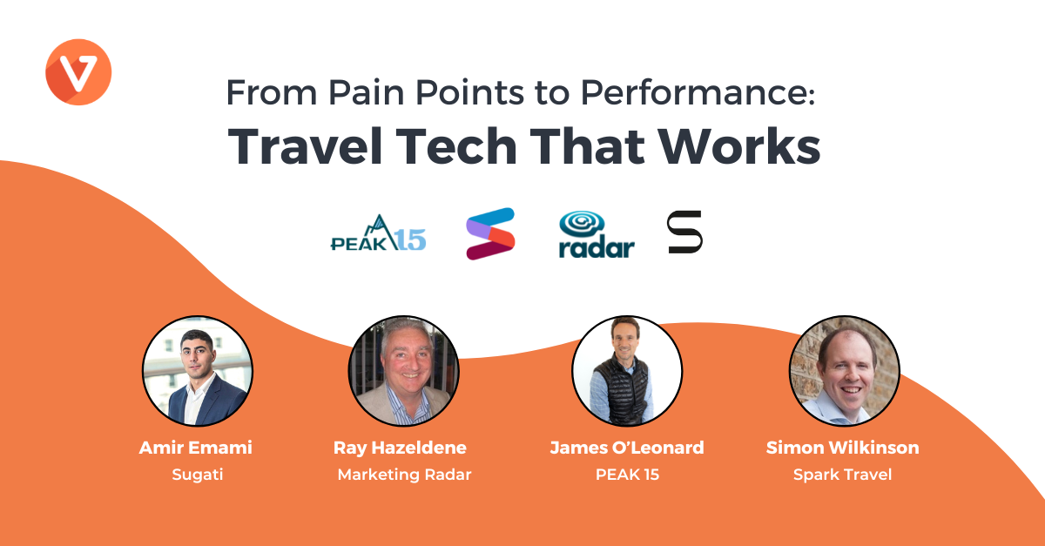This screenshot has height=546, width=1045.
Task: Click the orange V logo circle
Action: (x=78, y=72)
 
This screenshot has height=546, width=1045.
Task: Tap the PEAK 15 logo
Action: (x=378, y=233)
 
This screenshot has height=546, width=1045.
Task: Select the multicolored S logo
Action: (x=490, y=233)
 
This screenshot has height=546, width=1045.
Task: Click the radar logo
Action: (x=597, y=234)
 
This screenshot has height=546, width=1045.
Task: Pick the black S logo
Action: (x=684, y=232)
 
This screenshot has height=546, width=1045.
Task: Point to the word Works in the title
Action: (x=739, y=146)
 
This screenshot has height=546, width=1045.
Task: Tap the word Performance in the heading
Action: (x=698, y=92)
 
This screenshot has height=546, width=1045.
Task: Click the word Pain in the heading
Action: (x=367, y=92)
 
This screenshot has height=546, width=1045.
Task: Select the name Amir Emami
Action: (x=195, y=448)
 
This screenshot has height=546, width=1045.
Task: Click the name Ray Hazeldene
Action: (x=400, y=448)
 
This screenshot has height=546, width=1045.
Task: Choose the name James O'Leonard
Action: (x=627, y=448)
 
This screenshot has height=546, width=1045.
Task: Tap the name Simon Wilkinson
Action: (x=843, y=448)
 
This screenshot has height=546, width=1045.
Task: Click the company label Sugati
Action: (x=198, y=475)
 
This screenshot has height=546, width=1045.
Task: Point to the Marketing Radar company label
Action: (x=404, y=475)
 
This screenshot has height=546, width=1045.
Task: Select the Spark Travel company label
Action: (x=843, y=475)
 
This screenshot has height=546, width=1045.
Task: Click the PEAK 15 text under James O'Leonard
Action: (x=628, y=475)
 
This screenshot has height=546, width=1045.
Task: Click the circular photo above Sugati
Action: (x=198, y=371)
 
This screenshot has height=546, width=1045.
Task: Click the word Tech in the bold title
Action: (x=456, y=146)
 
